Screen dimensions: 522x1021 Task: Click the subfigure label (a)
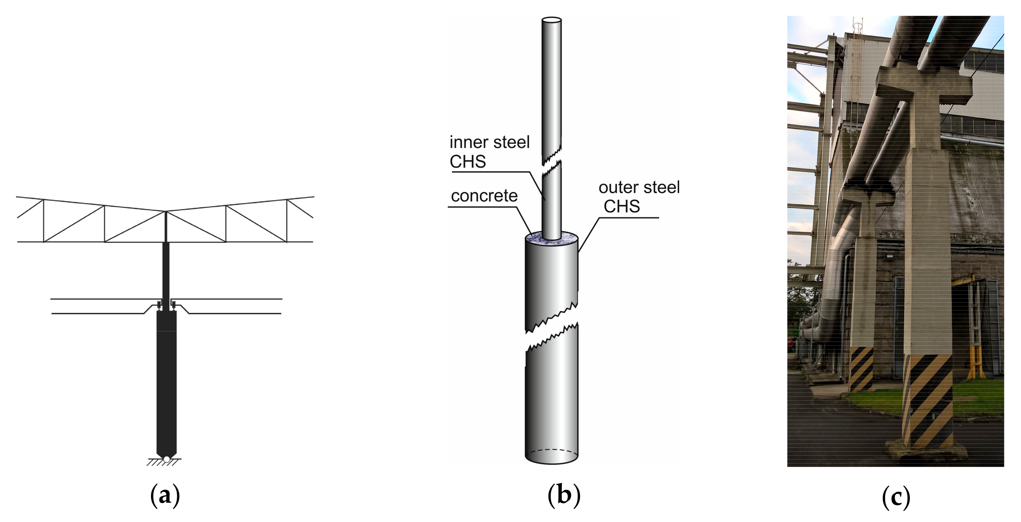tap(165, 496)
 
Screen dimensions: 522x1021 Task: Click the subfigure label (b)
tap(564, 496)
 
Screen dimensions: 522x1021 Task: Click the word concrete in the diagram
tap(484, 196)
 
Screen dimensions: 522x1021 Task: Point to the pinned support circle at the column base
tap(166, 459)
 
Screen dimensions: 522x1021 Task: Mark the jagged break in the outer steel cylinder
tap(551, 327)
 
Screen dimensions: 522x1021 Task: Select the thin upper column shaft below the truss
tap(166, 270)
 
